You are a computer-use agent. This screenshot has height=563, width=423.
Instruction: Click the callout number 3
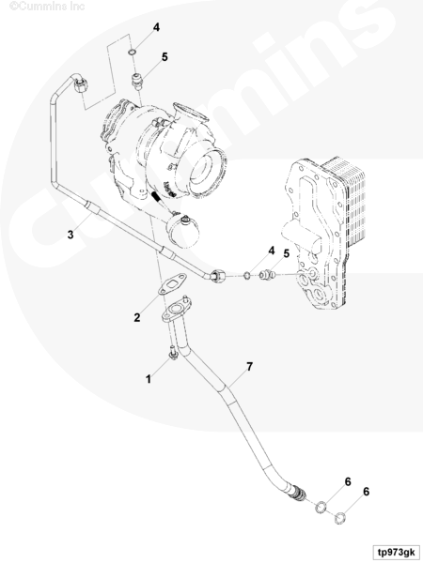[x=70, y=235]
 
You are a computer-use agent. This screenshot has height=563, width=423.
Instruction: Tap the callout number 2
[x=137, y=317]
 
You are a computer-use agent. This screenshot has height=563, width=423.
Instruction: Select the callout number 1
[x=149, y=379]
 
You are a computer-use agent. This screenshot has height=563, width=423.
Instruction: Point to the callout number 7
[x=250, y=367]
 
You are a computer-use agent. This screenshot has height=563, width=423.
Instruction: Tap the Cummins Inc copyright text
[x=47, y=7]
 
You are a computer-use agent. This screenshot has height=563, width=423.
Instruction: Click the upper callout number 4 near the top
[x=156, y=27]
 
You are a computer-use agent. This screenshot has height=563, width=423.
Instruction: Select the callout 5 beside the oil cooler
[x=287, y=253]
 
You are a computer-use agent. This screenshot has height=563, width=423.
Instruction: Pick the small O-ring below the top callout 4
[x=132, y=53]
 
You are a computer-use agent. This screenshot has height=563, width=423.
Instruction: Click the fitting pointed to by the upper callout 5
[x=136, y=81]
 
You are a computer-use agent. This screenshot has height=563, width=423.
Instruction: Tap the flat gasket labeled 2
[x=172, y=284]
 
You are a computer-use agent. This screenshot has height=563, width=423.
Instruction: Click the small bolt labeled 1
[x=173, y=353]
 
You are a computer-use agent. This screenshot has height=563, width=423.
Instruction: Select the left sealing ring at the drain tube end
[x=321, y=508]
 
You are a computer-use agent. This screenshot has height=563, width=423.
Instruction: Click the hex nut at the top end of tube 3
[x=81, y=85]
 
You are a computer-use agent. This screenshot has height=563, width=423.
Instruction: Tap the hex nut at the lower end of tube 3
[x=218, y=276]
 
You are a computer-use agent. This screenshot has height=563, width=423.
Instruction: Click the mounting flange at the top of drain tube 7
[x=176, y=309]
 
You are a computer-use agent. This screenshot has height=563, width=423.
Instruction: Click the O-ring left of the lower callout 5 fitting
[x=247, y=276]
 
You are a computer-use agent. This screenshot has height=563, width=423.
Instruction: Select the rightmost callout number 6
[x=366, y=492]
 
